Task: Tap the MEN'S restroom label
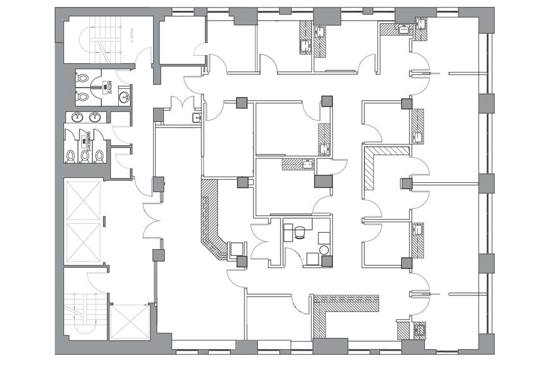click(x=108, y=88)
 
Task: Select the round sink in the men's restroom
click(x=124, y=96)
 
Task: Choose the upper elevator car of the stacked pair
click(x=83, y=200)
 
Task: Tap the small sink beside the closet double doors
click(x=196, y=118)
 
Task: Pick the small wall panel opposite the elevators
click(x=104, y=220)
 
